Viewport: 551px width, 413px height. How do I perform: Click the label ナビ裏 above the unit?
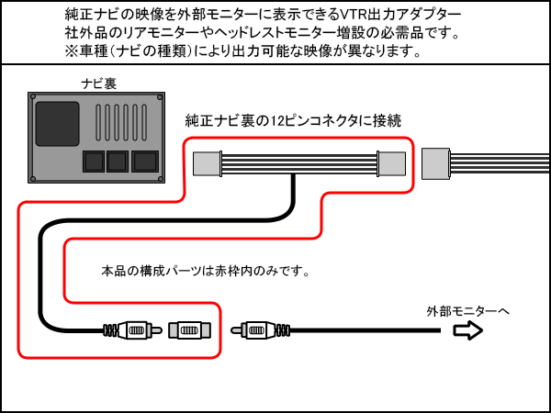pos(99,84)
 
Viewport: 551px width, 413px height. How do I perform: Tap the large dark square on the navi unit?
pos(58,123)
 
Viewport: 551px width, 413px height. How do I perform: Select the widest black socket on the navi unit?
pos(145,162)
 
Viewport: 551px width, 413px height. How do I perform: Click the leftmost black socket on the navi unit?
pos(93,162)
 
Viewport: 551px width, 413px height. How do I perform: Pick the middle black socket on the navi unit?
pos(117,162)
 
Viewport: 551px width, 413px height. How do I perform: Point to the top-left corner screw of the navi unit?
pos(34,97)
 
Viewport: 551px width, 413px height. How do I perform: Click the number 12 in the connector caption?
pos(266,121)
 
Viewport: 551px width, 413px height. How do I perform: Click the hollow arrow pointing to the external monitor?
pos(468,330)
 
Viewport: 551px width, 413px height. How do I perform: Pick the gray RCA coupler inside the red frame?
pos(189,329)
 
